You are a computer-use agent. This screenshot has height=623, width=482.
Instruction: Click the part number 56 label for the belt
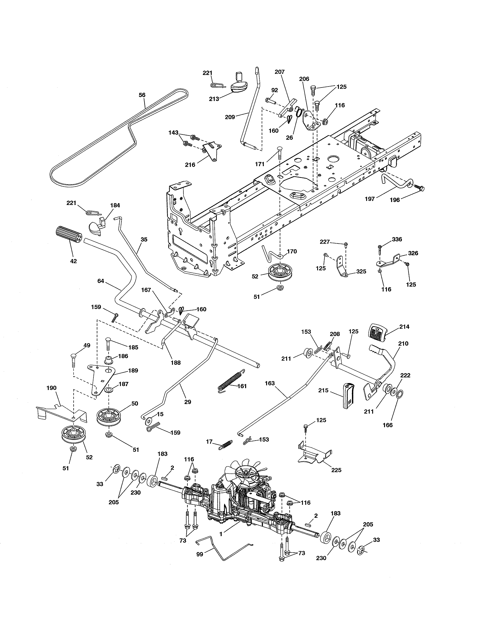point(142,95)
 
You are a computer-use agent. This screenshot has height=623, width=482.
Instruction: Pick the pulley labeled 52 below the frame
point(277,271)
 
